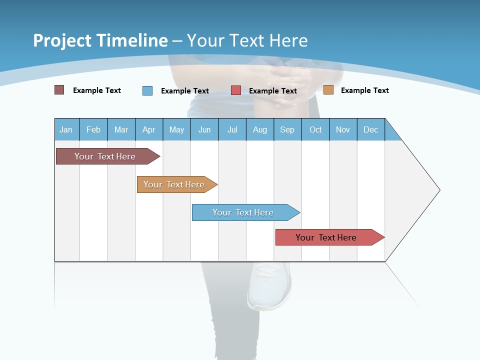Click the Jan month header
point(66,129)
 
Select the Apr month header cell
point(149,129)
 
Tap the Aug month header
point(259,129)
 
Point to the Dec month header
point(370,129)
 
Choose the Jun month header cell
point(204,129)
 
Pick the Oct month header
point(315,129)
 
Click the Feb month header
point(93,129)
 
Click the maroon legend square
point(59,90)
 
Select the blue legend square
point(147,90)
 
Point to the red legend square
point(236,90)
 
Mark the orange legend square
point(328,90)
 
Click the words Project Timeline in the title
point(100,40)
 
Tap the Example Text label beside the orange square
point(364,90)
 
